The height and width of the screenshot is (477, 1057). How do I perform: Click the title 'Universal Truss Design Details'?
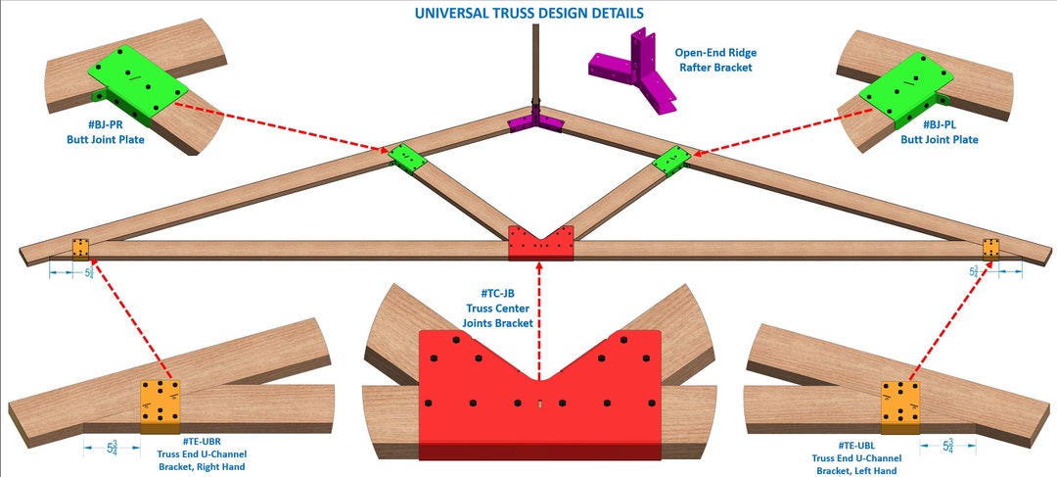[528, 13]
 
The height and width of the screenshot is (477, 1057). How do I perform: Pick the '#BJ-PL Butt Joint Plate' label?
[951, 133]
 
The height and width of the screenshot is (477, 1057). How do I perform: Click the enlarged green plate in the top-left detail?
[137, 80]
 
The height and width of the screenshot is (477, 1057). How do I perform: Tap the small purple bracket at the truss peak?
[534, 122]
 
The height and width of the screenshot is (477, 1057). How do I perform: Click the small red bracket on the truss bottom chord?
[540, 243]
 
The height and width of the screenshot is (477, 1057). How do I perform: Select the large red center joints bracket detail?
[539, 397]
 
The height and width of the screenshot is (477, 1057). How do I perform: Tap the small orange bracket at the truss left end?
[80, 249]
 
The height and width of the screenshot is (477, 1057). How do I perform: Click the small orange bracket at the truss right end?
[991, 249]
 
